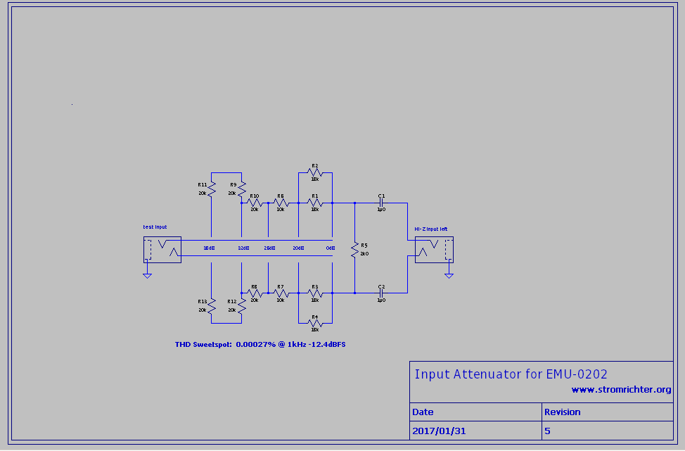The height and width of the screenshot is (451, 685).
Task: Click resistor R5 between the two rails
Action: (x=354, y=250)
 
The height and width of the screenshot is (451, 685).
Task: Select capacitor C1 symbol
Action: (x=380, y=203)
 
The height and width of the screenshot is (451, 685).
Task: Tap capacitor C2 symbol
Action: (x=380, y=293)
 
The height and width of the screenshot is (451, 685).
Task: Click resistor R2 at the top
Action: (x=314, y=172)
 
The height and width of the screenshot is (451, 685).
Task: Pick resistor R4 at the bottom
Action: (x=314, y=323)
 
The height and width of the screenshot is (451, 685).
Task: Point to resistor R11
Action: (x=211, y=189)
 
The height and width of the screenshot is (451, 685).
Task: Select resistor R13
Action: (x=211, y=306)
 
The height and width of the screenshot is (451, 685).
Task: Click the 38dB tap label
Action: (x=209, y=248)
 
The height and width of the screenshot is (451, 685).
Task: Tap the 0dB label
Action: (x=329, y=248)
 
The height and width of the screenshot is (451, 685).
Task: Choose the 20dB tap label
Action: (x=298, y=248)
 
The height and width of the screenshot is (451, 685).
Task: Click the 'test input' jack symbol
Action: (x=162, y=250)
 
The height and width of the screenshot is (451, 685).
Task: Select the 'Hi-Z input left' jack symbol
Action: (x=433, y=250)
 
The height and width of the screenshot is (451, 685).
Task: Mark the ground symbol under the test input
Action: (x=147, y=276)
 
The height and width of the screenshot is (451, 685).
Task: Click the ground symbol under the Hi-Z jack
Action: (x=449, y=276)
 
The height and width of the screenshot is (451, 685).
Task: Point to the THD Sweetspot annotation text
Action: (x=260, y=345)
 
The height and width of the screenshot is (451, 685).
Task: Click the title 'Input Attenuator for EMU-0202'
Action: (x=511, y=374)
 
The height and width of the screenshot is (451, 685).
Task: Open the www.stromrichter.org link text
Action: (x=621, y=390)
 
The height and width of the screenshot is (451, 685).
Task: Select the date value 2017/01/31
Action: (x=440, y=430)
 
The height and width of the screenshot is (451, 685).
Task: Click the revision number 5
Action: (x=547, y=430)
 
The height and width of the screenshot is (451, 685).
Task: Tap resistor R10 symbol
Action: (x=255, y=203)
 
